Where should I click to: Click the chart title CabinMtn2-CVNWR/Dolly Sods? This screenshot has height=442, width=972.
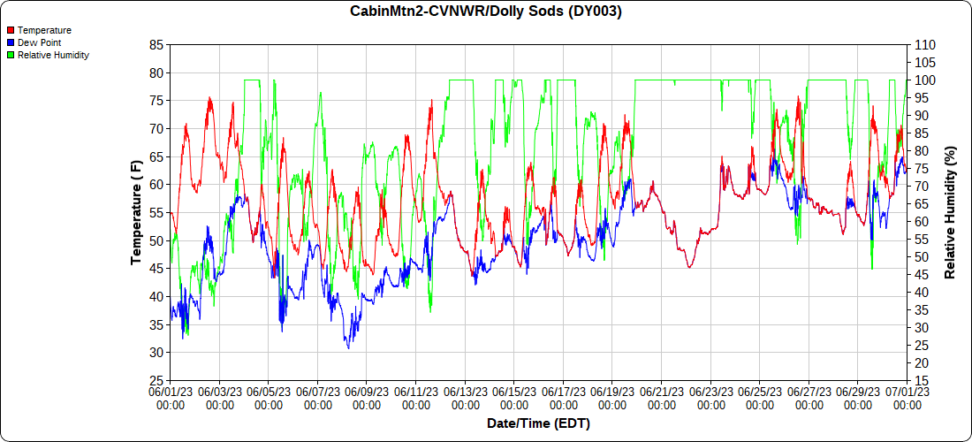[x=485, y=11]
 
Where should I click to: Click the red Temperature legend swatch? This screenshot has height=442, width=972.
[x=11, y=30]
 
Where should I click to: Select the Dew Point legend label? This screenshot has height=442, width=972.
[x=39, y=42]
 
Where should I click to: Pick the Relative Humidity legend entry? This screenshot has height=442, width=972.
[x=53, y=55]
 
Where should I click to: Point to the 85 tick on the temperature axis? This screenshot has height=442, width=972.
[x=157, y=44]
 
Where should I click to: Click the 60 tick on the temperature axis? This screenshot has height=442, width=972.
[x=157, y=185]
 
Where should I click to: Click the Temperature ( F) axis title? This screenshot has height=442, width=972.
[x=137, y=212]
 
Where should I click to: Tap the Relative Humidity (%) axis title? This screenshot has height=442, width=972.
[x=951, y=212]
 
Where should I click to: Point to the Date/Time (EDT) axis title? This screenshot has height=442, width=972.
[x=538, y=423]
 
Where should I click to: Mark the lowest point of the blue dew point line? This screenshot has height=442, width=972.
[x=348, y=348]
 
